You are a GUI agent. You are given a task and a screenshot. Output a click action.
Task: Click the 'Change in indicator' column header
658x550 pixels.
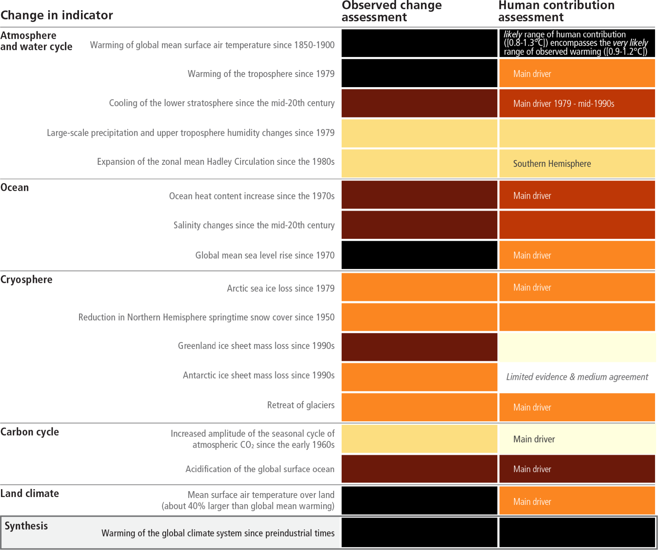pyautogui.click(x=57, y=15)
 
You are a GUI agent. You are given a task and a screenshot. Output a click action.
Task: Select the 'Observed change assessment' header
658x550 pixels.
pyautogui.click(x=391, y=11)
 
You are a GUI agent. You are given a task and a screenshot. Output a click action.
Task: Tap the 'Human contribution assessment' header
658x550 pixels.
pyautogui.click(x=556, y=11)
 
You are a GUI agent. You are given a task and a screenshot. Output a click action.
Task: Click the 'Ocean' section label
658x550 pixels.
pyautogui.click(x=15, y=187)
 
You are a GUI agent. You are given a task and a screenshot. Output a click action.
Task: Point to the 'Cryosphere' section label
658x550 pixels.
pyautogui.click(x=26, y=280)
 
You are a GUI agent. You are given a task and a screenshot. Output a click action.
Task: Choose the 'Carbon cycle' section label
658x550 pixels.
pyautogui.click(x=30, y=432)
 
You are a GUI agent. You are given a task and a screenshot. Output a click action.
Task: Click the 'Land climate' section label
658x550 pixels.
pyautogui.click(x=30, y=493)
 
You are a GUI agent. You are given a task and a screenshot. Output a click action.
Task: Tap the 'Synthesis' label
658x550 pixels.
pyautogui.click(x=26, y=526)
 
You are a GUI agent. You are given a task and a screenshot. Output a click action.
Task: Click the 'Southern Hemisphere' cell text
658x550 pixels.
pyautogui.click(x=552, y=163)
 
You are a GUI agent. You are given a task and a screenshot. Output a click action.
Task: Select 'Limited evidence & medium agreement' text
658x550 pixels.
pyautogui.click(x=577, y=377)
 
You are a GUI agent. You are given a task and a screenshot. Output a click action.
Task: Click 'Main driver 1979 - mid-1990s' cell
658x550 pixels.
pyautogui.click(x=564, y=104)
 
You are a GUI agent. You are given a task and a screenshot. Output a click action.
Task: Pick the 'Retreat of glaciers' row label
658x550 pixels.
pyautogui.click(x=301, y=405)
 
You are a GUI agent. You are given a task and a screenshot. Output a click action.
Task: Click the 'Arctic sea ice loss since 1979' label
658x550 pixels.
pyautogui.click(x=280, y=288)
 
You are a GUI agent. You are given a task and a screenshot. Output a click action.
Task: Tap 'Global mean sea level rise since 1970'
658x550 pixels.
pyautogui.click(x=265, y=255)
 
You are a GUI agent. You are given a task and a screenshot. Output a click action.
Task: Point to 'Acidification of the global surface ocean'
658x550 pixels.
pyautogui.click(x=260, y=469)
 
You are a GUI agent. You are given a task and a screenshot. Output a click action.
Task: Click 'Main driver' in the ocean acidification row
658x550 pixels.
pyautogui.click(x=532, y=469)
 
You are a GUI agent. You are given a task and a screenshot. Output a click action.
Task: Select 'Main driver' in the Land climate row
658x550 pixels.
pyautogui.click(x=532, y=502)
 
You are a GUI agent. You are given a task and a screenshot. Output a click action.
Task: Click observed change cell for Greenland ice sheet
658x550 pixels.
pyautogui.click(x=419, y=347)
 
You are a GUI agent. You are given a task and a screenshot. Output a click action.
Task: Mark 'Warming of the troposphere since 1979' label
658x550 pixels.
pyautogui.click(x=261, y=74)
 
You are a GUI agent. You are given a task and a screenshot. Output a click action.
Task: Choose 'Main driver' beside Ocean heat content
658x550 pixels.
pyautogui.click(x=532, y=196)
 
